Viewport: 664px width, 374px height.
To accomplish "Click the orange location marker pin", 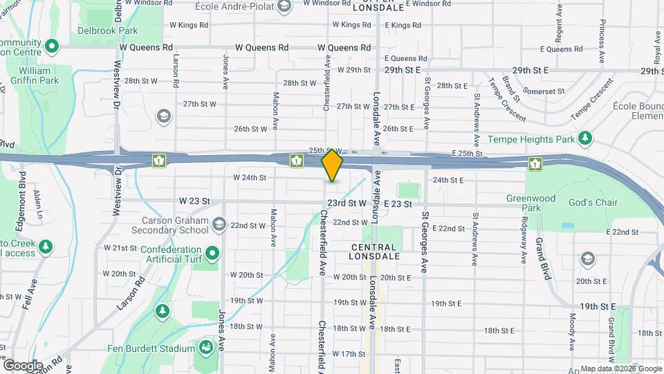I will (333, 165).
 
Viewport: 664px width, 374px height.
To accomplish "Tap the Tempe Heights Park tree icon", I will (585, 139).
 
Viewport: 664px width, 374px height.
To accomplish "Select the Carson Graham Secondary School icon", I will (219, 224).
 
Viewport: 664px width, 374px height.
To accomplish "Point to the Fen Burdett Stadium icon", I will (205, 347).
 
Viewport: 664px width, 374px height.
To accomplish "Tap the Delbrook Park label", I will (107, 30).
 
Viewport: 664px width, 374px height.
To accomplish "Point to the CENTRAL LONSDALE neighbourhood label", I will (374, 251).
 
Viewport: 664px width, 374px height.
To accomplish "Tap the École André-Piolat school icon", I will (283, 6).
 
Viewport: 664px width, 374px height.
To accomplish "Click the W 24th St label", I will (250, 177).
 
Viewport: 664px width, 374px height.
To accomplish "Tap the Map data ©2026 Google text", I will (620, 368).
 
